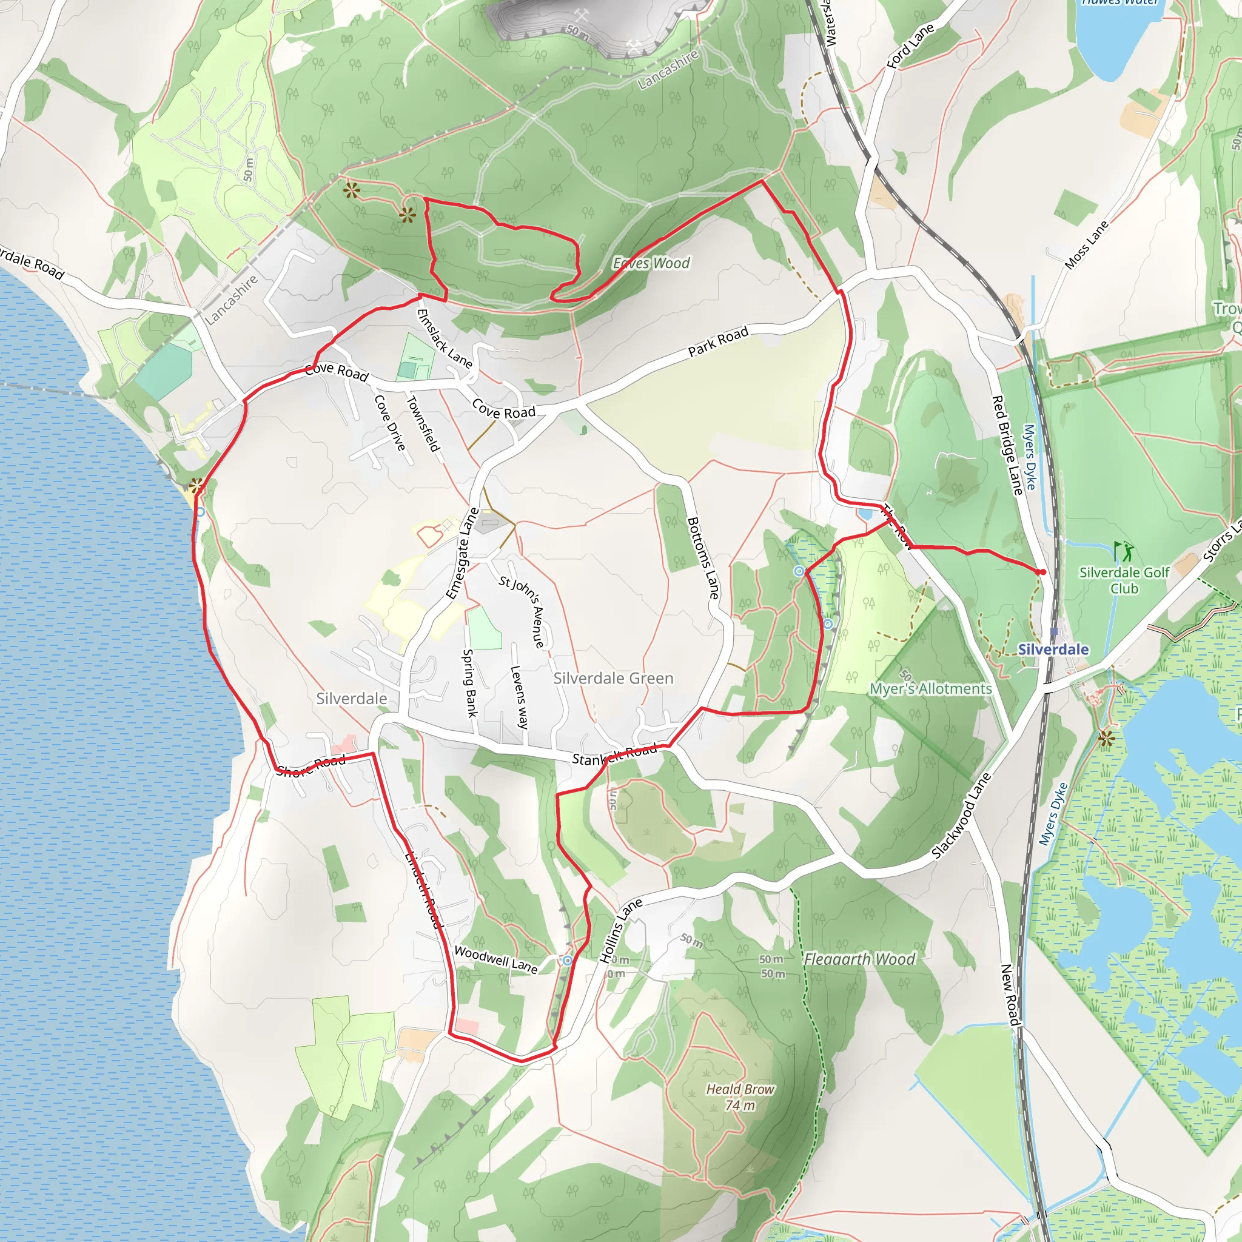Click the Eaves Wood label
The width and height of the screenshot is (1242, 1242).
pyautogui.click(x=651, y=263)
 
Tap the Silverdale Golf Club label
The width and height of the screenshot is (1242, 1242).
pyautogui.click(x=1124, y=580)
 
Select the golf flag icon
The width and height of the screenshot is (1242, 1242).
pyautogui.click(x=1124, y=551)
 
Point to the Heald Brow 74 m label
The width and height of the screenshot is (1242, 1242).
pyautogui.click(x=740, y=1096)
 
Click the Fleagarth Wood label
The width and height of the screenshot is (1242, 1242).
pyautogui.click(x=859, y=959)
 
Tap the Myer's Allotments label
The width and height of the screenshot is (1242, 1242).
pyautogui.click(x=930, y=688)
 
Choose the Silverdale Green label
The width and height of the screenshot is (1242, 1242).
pyautogui.click(x=613, y=678)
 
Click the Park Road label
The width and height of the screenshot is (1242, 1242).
pyautogui.click(x=718, y=341)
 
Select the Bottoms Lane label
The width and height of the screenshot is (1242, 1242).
pyautogui.click(x=703, y=558)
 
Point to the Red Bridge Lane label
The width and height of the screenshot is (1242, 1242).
pyautogui.click(x=1007, y=445)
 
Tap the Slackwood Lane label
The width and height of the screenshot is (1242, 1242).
pyautogui.click(x=962, y=816)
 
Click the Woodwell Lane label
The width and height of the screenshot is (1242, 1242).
pyautogui.click(x=495, y=959)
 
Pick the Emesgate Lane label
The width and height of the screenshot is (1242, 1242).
pyautogui.click(x=463, y=554)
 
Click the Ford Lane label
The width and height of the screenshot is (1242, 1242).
pyautogui.click(x=910, y=46)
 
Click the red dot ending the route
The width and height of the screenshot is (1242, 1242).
pyautogui.click(x=1042, y=571)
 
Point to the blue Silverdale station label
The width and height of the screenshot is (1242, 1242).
pyautogui.click(x=1053, y=650)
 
